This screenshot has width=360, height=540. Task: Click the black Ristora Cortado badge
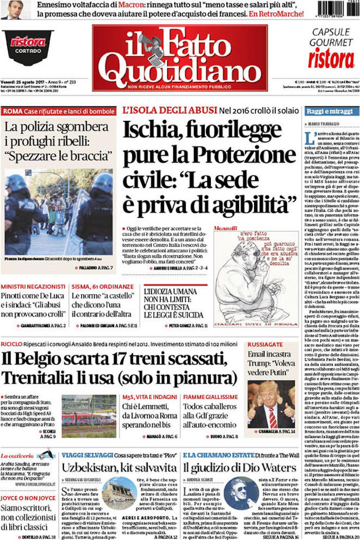[x=28, y=47]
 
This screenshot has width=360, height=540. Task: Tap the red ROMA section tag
[x=12, y=111]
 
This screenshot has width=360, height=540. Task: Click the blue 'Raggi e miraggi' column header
[x=328, y=111]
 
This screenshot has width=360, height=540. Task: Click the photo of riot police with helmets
[x=59, y=212]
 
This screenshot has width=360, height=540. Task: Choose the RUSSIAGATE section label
[x=265, y=345]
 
